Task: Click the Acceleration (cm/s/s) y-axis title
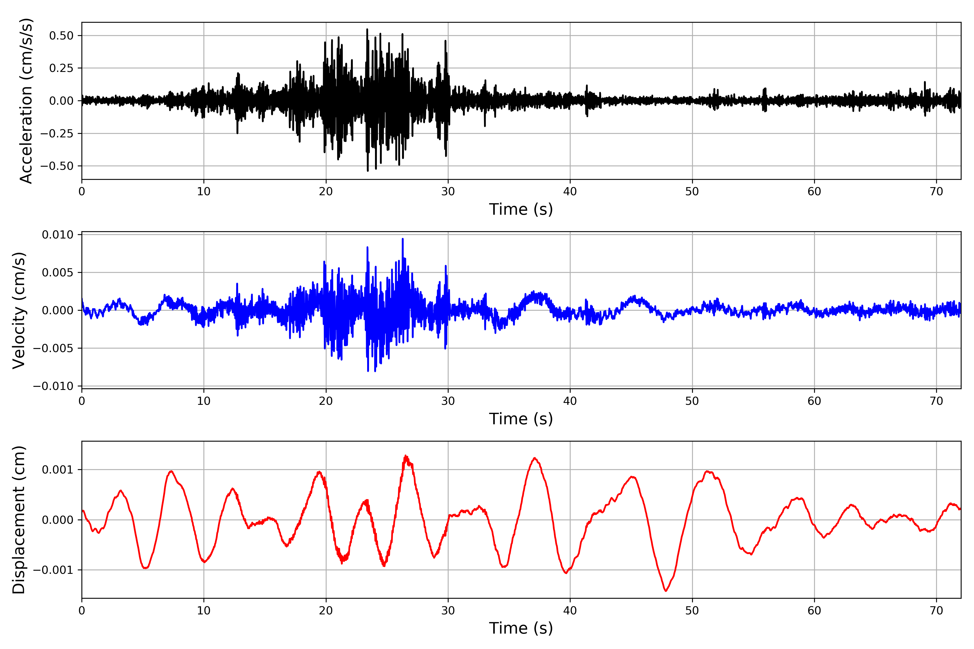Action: pos(26,101)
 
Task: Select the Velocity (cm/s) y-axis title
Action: pos(19,310)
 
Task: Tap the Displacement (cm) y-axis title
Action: pos(19,519)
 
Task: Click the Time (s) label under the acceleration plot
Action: pos(521,209)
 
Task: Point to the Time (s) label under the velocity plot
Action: pos(521,419)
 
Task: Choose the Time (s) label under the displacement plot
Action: pos(521,628)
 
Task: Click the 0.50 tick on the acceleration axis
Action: pos(61,36)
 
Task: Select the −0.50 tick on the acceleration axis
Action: pos(57,166)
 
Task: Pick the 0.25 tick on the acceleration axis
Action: pos(61,68)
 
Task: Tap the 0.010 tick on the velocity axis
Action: pos(58,235)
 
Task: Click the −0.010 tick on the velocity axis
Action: pos(53,386)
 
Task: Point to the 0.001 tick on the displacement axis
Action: pos(58,470)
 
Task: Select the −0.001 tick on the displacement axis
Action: pos(53,570)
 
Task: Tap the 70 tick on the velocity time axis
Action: pos(936,401)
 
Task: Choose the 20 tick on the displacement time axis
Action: pos(326,611)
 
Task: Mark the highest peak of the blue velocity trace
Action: pos(403,239)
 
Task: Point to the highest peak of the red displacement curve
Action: pos(406,456)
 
